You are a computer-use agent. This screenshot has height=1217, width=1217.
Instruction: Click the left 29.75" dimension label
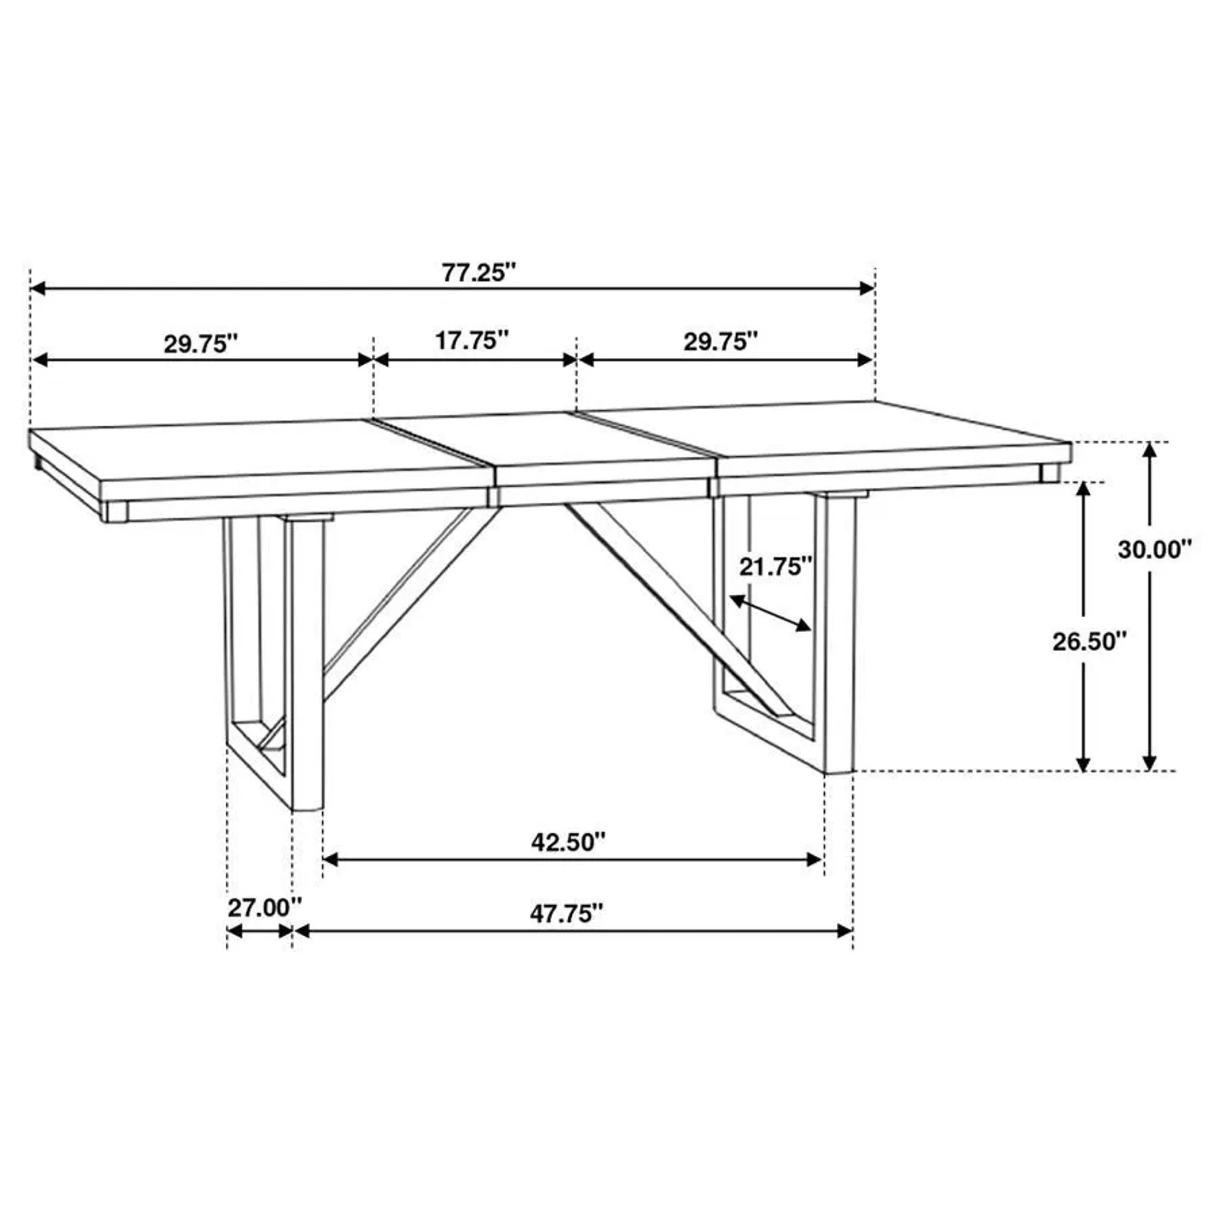coord(201,344)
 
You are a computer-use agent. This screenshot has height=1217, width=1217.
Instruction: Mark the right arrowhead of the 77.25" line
coord(868,288)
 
